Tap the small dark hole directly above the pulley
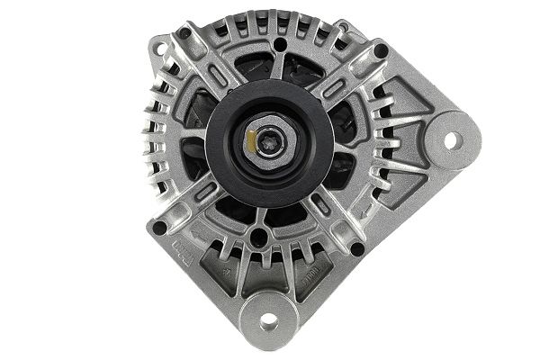(280, 42)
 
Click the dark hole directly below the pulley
(259, 238)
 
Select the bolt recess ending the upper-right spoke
(381, 49)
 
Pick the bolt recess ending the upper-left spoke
(184, 34)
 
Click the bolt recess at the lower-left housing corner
(160, 228)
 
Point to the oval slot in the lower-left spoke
(206, 192)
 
